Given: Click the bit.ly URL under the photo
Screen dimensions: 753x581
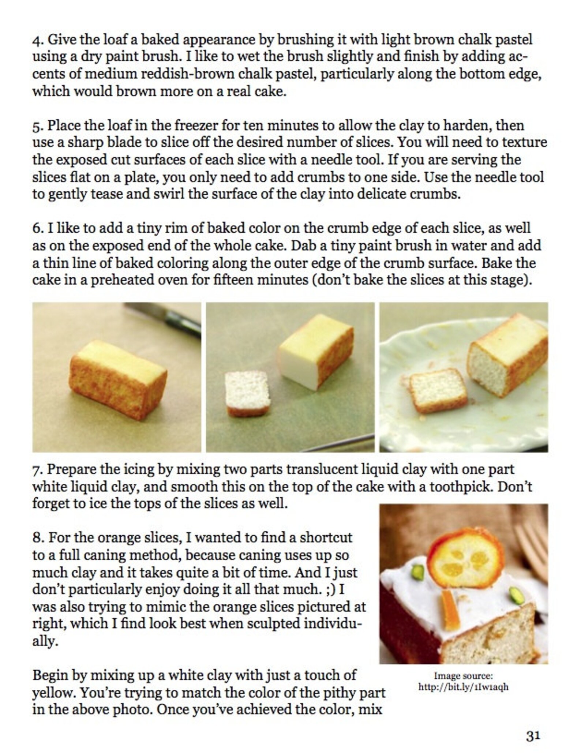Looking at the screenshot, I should coord(464,687).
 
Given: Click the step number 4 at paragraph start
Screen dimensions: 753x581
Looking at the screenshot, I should coord(37,40).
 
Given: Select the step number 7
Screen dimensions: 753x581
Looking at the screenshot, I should coord(37,469).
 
